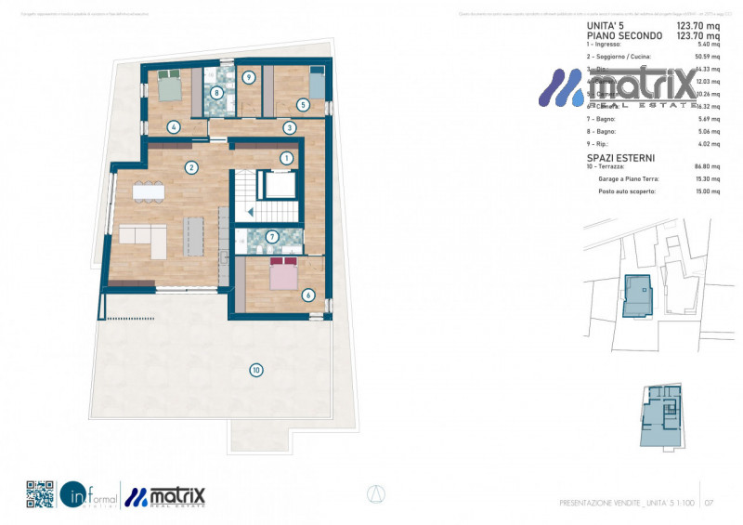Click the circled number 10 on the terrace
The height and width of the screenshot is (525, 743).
(255, 370)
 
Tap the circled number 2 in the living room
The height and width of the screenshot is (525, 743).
(190, 168)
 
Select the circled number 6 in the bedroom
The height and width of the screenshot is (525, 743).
(308, 295)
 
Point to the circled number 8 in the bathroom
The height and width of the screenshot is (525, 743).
(216, 92)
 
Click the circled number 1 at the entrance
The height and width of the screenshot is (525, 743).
(287, 158)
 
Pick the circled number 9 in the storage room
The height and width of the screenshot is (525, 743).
(249, 78)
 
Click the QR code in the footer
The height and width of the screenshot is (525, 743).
(40, 494)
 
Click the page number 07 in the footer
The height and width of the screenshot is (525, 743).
(709, 503)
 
